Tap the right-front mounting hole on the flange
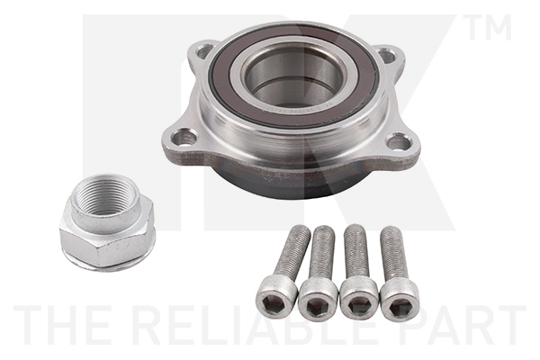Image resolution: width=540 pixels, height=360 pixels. point(397,141)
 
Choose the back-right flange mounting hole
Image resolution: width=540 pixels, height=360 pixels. point(388,57)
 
